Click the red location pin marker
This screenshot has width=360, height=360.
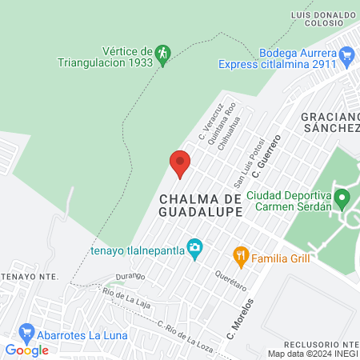(x=180, y=163)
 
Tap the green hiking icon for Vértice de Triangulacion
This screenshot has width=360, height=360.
(x=163, y=54)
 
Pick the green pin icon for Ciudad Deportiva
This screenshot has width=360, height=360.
(x=342, y=196)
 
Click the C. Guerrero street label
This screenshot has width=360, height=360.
(x=267, y=156)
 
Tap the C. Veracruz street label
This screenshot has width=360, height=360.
(x=209, y=123)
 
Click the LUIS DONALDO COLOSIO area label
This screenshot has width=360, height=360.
(x=324, y=18)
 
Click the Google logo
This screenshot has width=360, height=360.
(x=26, y=350)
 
